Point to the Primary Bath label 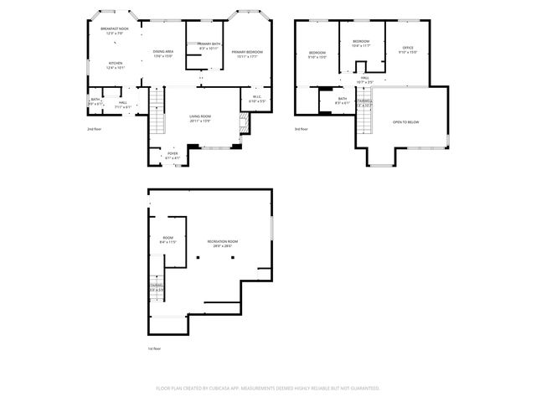[210, 46]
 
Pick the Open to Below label [405, 122]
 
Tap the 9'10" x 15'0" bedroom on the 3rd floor [317, 55]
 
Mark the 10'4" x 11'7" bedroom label [361, 44]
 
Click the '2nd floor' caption [94, 130]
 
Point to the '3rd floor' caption [301, 130]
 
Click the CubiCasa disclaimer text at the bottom [268, 389]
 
